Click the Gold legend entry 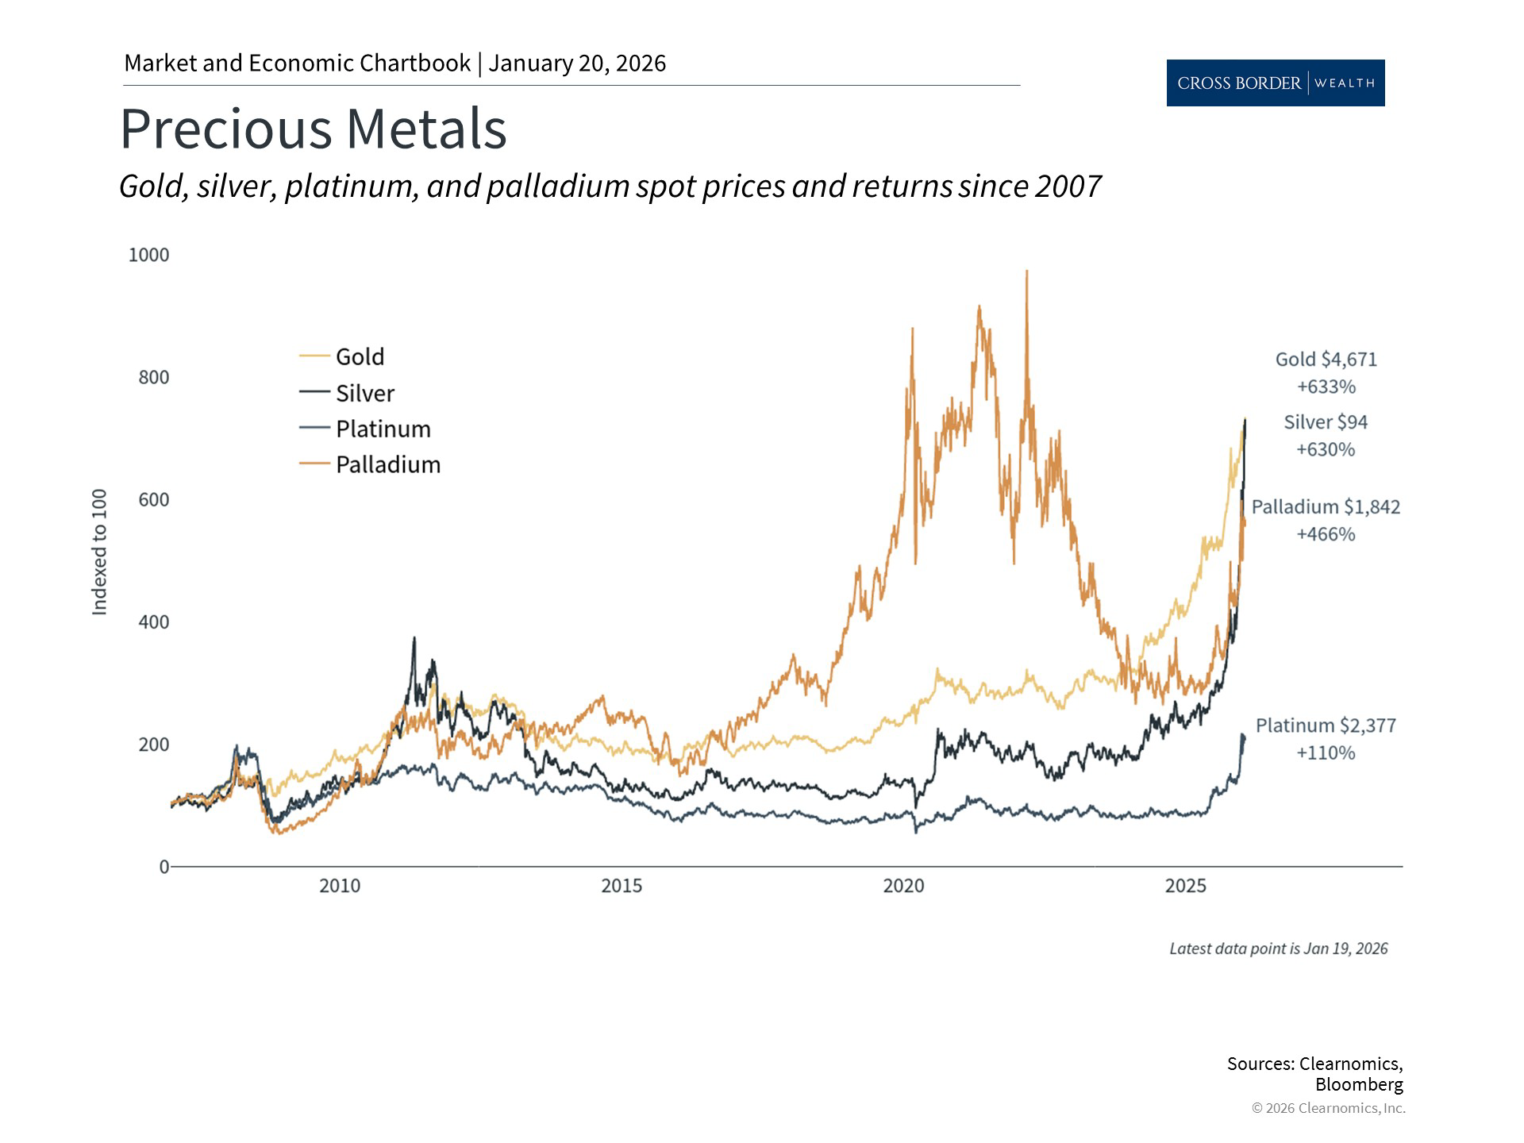pyautogui.click(x=359, y=357)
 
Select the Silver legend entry pyautogui.click(x=364, y=393)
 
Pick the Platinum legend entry pyautogui.click(x=383, y=429)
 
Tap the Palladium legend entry pyautogui.click(x=387, y=464)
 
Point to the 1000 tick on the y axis pyautogui.click(x=148, y=255)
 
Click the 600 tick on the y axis pyautogui.click(x=153, y=499)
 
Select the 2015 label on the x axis pyautogui.click(x=622, y=886)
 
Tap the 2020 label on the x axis pyautogui.click(x=903, y=886)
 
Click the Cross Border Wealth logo pyautogui.click(x=1275, y=83)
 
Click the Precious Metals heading pyautogui.click(x=313, y=129)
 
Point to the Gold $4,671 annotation pyautogui.click(x=1326, y=360)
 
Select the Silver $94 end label pyautogui.click(x=1326, y=422)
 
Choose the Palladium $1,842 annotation pyautogui.click(x=1326, y=507)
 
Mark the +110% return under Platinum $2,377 pyautogui.click(x=1326, y=752)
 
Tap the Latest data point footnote pyautogui.click(x=1278, y=949)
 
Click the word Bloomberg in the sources pyautogui.click(x=1358, y=1084)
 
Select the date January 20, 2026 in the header pyautogui.click(x=577, y=63)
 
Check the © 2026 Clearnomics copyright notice pyautogui.click(x=1328, y=1108)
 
